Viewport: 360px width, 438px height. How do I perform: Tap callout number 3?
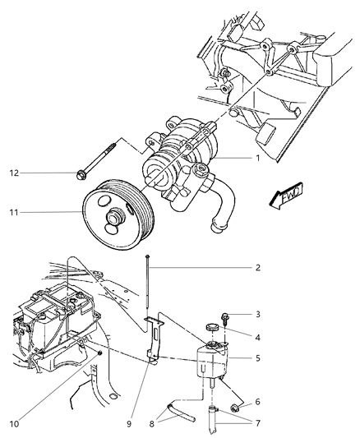[257, 315]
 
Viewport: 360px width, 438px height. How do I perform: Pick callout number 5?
[257, 358]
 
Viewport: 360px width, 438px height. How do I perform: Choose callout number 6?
[257, 401]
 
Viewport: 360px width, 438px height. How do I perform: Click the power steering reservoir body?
[209, 362]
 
